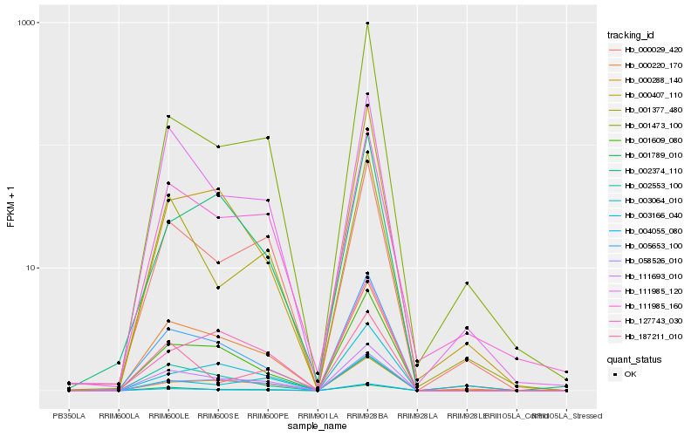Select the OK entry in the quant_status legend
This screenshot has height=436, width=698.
point(628,373)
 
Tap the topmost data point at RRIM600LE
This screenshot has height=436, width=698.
point(168,116)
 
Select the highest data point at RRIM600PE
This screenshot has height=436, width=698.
point(268,138)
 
